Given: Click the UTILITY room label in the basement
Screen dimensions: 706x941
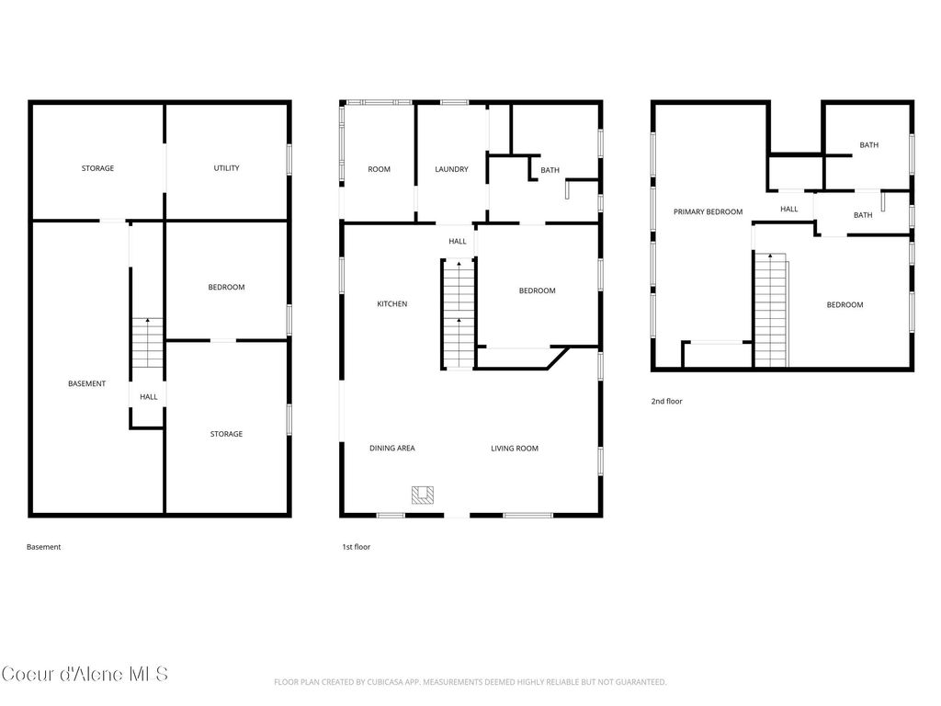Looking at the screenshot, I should pyautogui.click(x=226, y=168).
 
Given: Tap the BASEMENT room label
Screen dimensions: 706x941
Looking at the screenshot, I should pyautogui.click(x=87, y=383).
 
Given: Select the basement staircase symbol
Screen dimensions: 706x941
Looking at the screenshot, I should pyautogui.click(x=147, y=342).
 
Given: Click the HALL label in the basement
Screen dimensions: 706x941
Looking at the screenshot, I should pyautogui.click(x=148, y=397).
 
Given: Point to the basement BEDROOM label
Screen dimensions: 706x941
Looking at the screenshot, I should pyautogui.click(x=226, y=287).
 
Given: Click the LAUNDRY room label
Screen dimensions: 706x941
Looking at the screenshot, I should pyautogui.click(x=451, y=169).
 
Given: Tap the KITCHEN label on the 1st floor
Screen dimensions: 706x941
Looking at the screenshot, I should pyautogui.click(x=391, y=303).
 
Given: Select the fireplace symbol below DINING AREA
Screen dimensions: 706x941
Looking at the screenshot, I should pyautogui.click(x=423, y=495).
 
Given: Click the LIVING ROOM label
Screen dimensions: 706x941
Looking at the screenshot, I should pyautogui.click(x=515, y=449).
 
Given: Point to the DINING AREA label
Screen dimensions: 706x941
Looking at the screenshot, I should pyautogui.click(x=392, y=449).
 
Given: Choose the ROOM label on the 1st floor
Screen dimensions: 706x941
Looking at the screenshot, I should pyautogui.click(x=379, y=169).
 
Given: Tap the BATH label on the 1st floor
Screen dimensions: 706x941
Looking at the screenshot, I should pyautogui.click(x=550, y=170).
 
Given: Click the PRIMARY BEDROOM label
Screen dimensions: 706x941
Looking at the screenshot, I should pyautogui.click(x=708, y=211).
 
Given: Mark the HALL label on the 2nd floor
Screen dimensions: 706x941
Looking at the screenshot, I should pyautogui.click(x=788, y=209).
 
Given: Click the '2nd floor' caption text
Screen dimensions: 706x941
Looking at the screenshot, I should pyautogui.click(x=667, y=401).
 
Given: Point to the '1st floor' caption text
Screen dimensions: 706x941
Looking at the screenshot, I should pyautogui.click(x=356, y=547).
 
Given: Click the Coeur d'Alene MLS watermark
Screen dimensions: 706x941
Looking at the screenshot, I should pyautogui.click(x=85, y=674).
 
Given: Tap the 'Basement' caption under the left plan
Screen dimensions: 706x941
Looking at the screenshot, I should pyautogui.click(x=43, y=547).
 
